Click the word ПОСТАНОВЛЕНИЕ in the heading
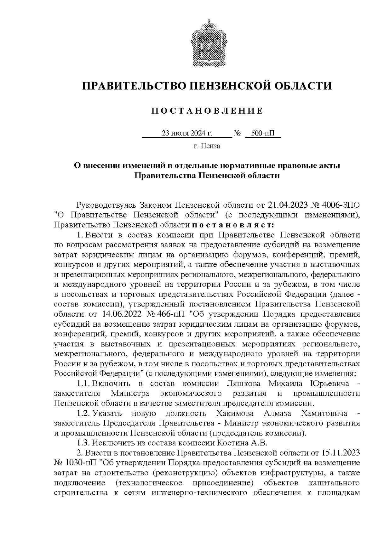[x=207, y=111]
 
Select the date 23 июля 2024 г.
[x=187, y=134]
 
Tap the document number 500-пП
[x=263, y=134]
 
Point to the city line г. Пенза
[x=207, y=146]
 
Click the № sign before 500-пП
[x=238, y=134]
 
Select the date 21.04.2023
[x=287, y=205]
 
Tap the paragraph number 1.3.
[x=84, y=443]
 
